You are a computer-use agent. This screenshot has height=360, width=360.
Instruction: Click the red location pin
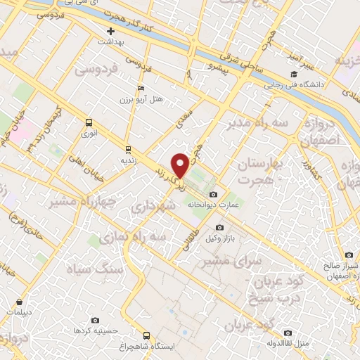pyautogui.click(x=181, y=165)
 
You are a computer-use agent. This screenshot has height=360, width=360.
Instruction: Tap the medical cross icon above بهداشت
pyautogui.click(x=110, y=31)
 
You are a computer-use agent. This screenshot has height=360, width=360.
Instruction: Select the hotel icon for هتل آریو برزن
pyautogui.click(x=141, y=89)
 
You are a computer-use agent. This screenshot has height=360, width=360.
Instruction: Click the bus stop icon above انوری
pyautogui.click(x=89, y=121)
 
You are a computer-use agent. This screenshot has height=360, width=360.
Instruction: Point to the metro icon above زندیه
pyautogui.click(x=127, y=148)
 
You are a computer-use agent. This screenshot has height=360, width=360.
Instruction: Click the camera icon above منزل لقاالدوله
pyautogui.click(x=288, y=333)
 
